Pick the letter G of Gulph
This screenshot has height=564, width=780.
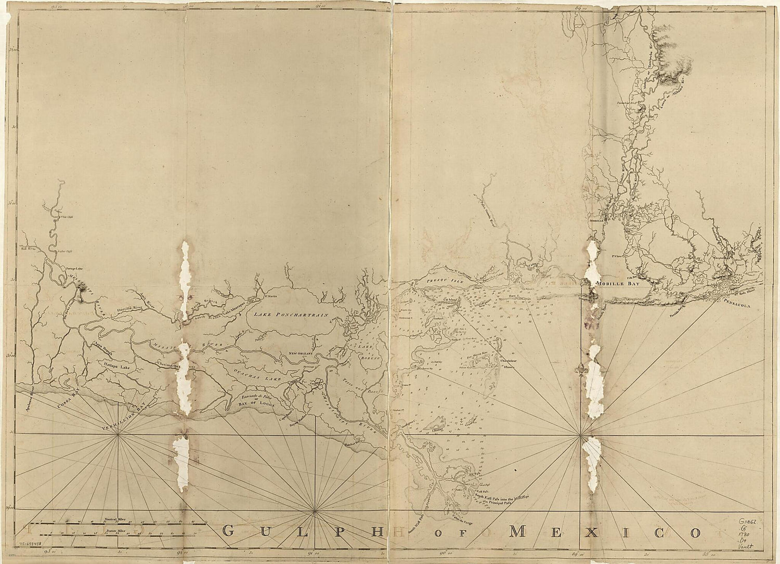(x=229, y=531)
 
